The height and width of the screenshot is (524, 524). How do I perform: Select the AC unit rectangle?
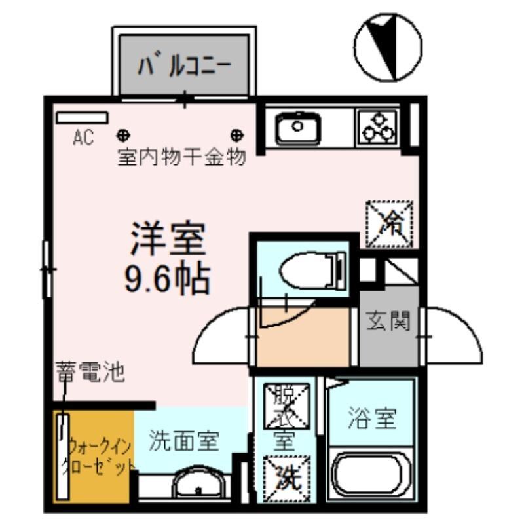(82, 118)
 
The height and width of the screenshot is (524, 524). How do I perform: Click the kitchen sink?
(297, 128)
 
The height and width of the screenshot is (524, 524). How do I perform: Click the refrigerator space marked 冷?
(390, 223)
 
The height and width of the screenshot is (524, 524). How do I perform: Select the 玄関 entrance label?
(388, 322)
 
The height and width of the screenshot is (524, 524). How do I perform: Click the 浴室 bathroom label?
(371, 418)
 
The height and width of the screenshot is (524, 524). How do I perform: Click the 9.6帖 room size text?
(167, 280)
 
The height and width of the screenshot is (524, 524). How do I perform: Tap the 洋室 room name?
(168, 240)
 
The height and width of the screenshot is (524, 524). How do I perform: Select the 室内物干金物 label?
(181, 158)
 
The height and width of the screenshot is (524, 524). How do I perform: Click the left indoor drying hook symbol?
(122, 136)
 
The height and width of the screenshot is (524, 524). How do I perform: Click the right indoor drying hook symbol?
(236, 136)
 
